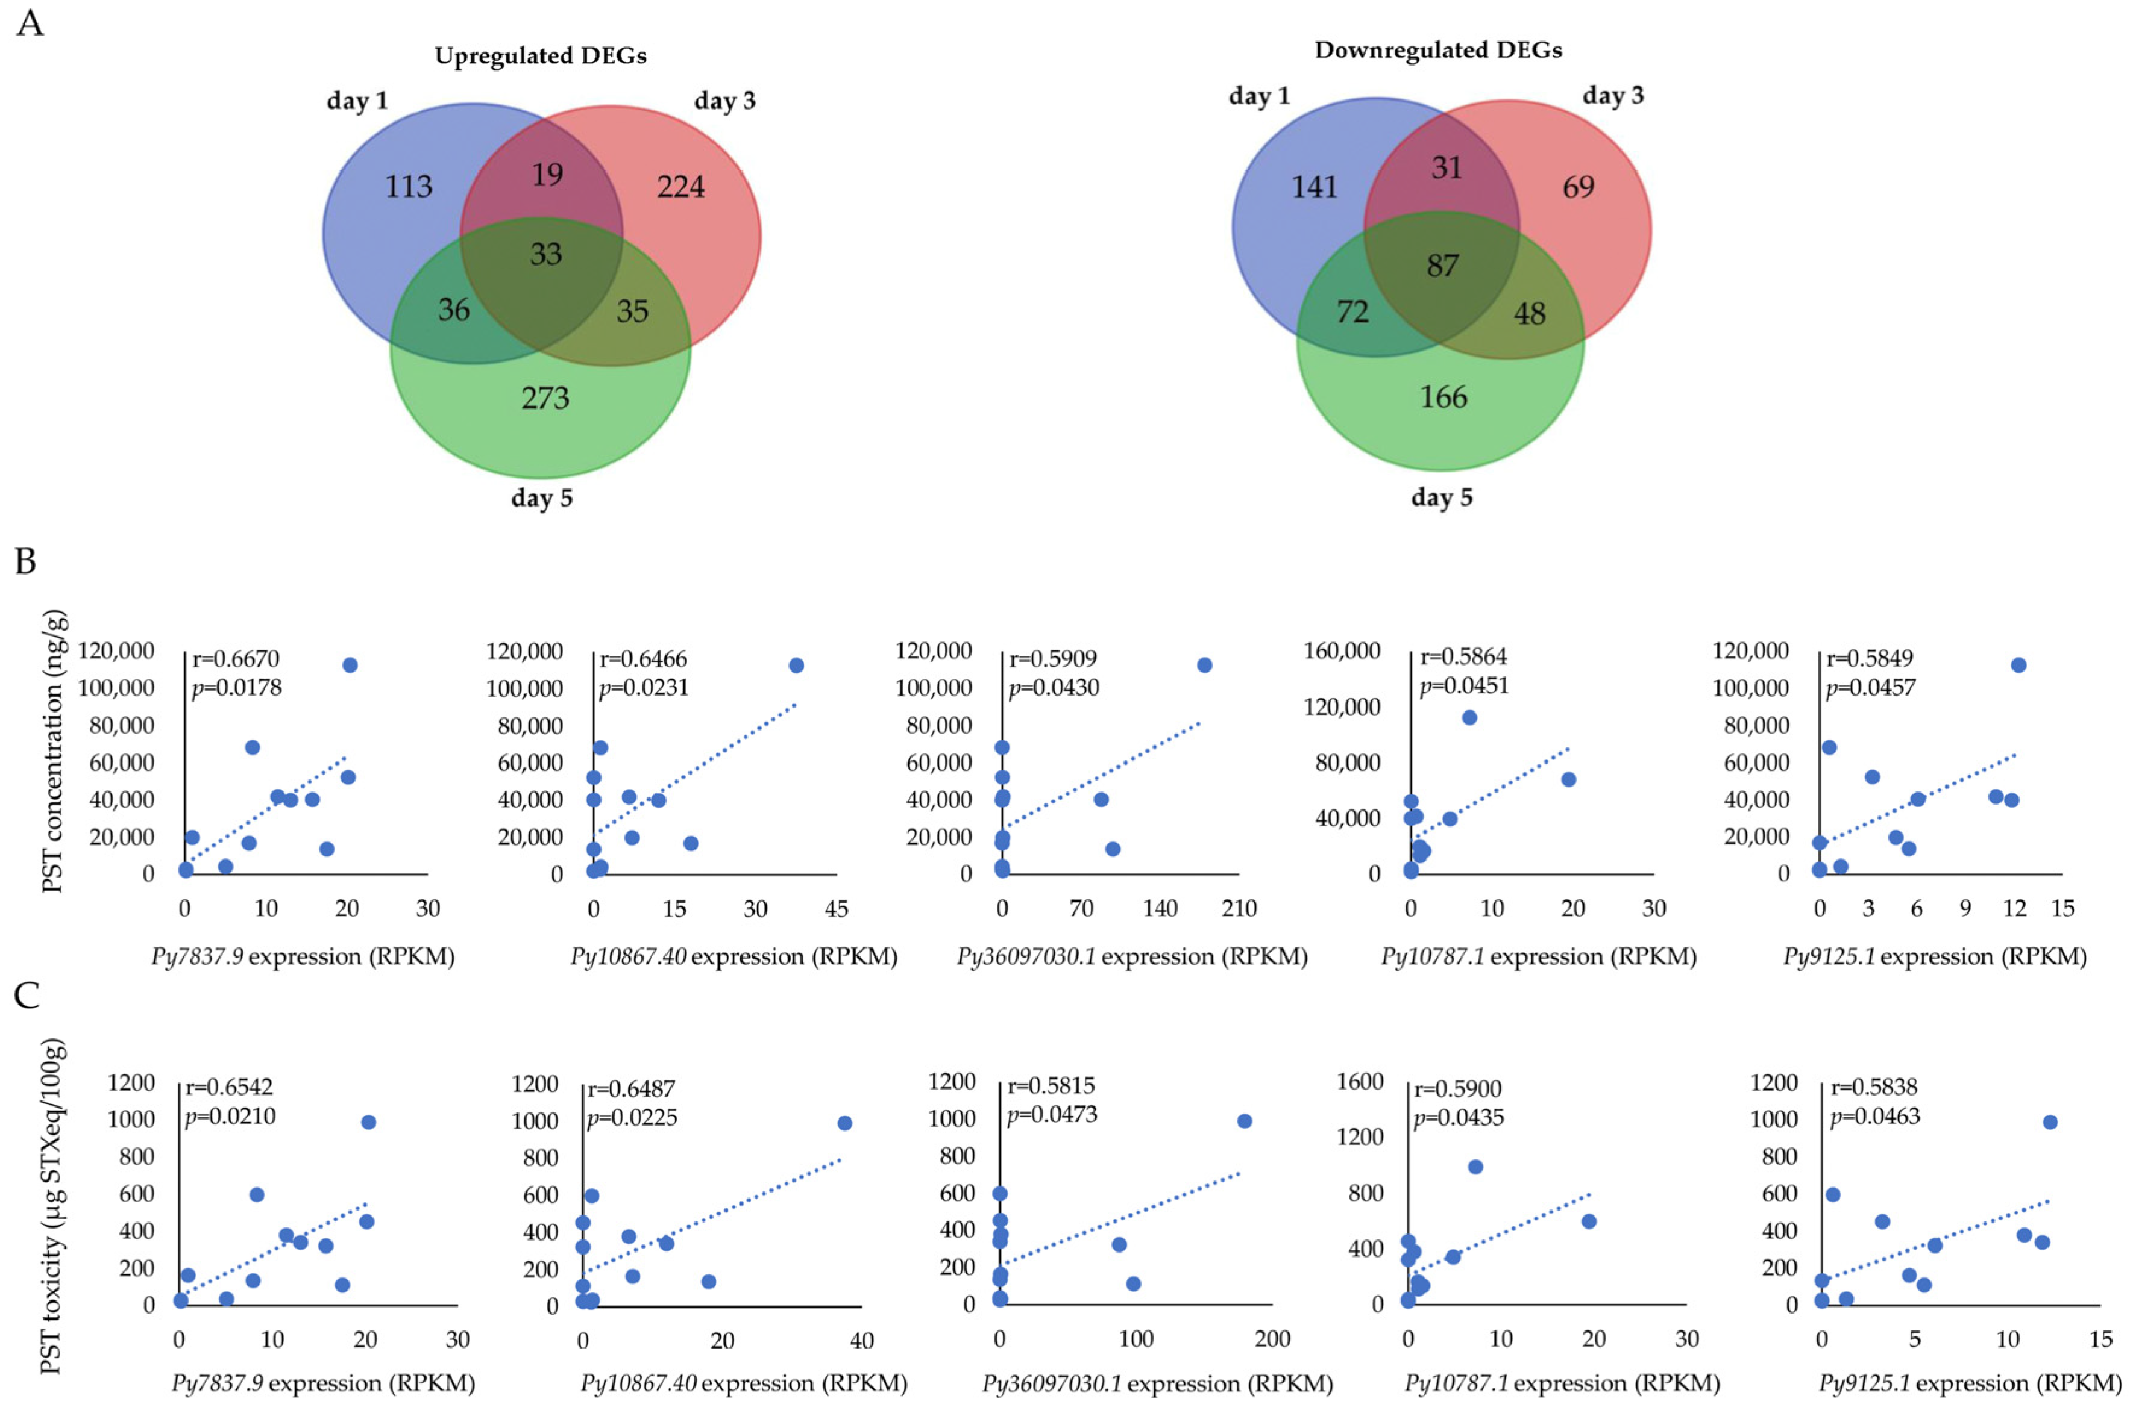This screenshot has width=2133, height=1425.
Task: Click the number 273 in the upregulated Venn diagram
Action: click(x=545, y=398)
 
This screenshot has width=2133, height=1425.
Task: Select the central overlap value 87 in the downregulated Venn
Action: click(x=1442, y=266)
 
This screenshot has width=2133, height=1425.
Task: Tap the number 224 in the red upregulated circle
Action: click(x=681, y=186)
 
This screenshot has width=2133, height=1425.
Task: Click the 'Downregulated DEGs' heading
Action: click(x=1438, y=50)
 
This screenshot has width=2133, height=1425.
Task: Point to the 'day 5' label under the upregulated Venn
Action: click(x=542, y=498)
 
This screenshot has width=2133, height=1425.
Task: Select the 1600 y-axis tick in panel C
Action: click(x=1360, y=1082)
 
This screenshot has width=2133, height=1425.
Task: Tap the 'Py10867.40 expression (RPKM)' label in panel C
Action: click(x=744, y=1383)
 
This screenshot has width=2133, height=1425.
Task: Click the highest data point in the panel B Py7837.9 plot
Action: click(x=349, y=666)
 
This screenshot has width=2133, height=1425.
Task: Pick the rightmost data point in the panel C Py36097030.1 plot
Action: click(x=1244, y=1121)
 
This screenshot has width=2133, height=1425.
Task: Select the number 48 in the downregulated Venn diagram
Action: click(x=1529, y=314)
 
